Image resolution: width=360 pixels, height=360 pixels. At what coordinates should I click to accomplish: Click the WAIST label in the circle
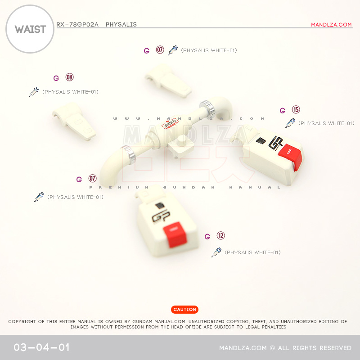click(30, 30)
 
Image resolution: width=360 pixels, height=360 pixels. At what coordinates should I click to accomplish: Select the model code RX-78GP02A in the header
click(77, 24)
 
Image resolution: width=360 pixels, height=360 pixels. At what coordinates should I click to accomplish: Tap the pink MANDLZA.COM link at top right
click(331, 25)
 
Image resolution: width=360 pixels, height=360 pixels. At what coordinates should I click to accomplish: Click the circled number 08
click(69, 77)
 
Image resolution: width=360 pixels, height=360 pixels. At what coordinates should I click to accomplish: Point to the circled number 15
click(296, 109)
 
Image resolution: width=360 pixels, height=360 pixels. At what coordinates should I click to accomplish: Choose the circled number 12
click(220, 236)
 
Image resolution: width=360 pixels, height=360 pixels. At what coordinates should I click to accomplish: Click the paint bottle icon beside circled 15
click(290, 123)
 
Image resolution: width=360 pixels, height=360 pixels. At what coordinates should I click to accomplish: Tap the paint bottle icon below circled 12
click(216, 252)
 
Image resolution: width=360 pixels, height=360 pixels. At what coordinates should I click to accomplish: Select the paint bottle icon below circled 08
click(34, 92)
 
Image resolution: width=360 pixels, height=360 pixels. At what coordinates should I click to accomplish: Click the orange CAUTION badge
click(184, 310)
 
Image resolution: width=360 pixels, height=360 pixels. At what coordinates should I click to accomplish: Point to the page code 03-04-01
click(41, 348)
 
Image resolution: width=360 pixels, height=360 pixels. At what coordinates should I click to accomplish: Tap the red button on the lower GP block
click(179, 234)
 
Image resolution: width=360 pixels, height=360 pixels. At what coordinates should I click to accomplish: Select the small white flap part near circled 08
click(75, 120)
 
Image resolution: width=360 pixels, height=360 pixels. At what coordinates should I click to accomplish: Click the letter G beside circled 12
click(207, 237)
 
